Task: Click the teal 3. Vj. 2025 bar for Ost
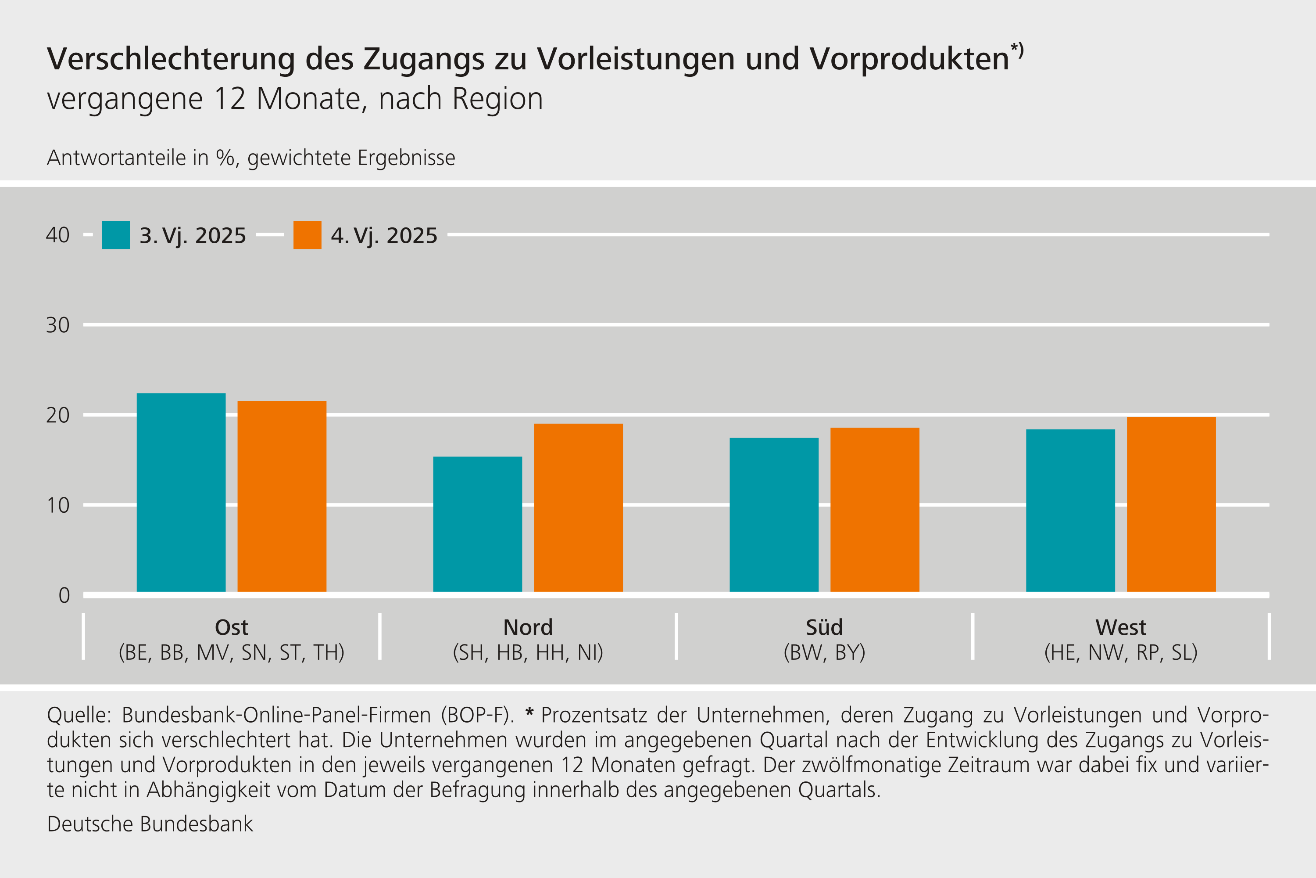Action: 181,493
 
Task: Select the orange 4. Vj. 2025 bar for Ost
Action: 282,497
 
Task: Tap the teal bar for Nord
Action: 477,524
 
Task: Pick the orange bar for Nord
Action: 578,508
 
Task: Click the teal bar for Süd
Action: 774,515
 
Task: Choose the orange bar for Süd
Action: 875,510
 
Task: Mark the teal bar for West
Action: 1070,511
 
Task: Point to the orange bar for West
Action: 1171,504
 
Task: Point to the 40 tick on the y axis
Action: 57,235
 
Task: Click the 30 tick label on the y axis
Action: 57,325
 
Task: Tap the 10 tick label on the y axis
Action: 57,506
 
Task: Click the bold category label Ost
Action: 231,627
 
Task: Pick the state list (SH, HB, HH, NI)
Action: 528,652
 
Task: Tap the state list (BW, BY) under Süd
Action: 824,652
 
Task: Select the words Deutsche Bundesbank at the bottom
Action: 150,824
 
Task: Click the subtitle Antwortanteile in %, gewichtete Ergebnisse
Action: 250,158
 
